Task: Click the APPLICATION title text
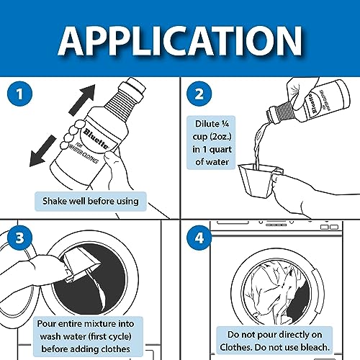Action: (180, 41)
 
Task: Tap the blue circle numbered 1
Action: (20, 94)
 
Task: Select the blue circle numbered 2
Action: (199, 94)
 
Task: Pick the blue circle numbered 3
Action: (20, 238)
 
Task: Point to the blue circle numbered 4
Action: (199, 238)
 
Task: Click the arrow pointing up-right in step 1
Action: (82, 99)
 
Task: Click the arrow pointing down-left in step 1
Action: (42, 151)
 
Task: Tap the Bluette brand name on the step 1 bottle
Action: (96, 139)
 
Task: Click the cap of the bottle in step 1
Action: (133, 86)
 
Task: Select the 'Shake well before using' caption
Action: (91, 201)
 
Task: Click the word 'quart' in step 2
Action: (220, 150)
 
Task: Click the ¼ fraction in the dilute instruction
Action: (225, 124)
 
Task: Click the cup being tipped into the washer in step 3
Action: (81, 264)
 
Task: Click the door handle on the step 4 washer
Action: (318, 290)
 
